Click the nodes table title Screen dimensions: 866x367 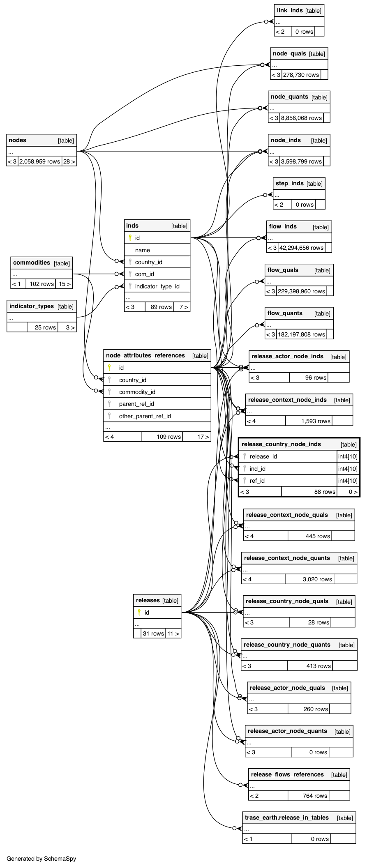click(18, 140)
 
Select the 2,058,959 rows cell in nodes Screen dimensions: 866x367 click(40, 161)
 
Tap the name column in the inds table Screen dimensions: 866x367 click(143, 250)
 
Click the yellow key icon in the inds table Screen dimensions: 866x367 click(130, 237)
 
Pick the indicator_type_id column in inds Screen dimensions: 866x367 click(157, 286)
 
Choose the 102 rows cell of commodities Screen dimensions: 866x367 click(42, 284)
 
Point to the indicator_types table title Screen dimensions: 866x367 click(32, 306)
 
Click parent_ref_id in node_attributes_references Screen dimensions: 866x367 click(136, 404)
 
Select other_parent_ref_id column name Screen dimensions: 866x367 click(145, 416)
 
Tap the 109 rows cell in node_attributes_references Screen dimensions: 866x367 click(168, 437)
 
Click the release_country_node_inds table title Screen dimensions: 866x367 click(281, 444)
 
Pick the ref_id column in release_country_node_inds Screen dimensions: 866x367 click(257, 481)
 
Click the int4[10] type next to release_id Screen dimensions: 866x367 click(348, 456)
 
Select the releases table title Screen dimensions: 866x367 click(148, 600)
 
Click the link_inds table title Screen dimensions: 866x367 click(290, 10)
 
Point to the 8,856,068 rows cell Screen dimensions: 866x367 click(301, 118)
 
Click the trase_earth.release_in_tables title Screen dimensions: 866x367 click(287, 818)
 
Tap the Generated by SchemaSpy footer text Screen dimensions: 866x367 click(42, 859)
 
